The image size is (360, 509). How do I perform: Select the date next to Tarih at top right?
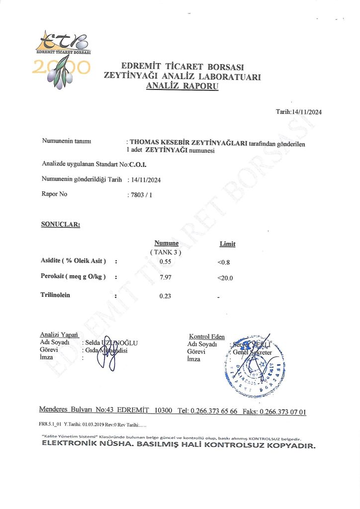coord(306,112)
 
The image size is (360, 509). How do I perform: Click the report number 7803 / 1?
coord(140,194)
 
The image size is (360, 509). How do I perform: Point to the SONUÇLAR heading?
coord(60,224)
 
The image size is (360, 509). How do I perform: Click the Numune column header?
coord(166,243)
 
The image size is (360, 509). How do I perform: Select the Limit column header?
coord(227,244)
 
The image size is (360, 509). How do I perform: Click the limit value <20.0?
coord(225,278)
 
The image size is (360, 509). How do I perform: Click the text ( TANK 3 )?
coord(166,252)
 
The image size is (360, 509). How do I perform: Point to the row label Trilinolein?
coord(55,295)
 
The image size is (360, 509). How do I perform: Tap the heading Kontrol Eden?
coord(206,337)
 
